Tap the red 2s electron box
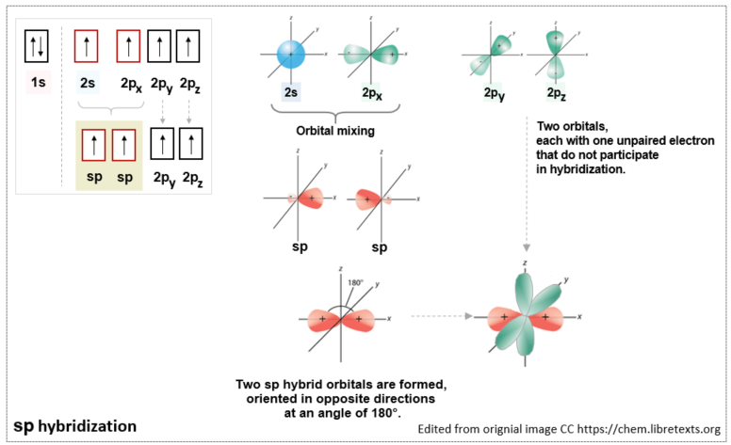tap(88, 46)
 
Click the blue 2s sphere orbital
tap(291, 55)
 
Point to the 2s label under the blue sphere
tap(292, 92)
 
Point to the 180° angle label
tap(353, 281)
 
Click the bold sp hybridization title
tap(74, 426)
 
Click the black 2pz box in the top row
tap(191, 46)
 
